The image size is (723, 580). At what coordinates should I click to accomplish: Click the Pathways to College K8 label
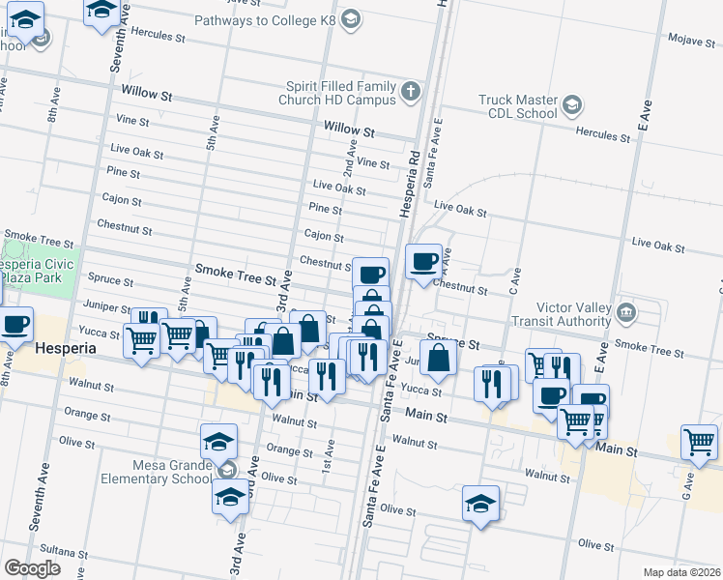[268, 19]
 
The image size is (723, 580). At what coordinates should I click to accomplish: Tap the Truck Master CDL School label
[519, 106]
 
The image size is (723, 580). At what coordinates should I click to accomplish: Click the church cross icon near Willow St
[411, 93]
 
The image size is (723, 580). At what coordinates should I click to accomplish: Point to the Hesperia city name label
[65, 348]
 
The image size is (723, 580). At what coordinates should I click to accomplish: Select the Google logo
[32, 568]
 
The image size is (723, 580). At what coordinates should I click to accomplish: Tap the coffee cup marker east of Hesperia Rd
[423, 262]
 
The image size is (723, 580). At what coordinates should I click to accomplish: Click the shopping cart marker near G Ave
[698, 442]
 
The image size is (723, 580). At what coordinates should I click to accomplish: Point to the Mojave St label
[690, 39]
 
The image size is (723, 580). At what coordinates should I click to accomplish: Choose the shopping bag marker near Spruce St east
[438, 357]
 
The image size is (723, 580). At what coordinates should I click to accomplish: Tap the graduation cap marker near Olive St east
[479, 504]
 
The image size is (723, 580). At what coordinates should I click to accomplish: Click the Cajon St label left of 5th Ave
[122, 202]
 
